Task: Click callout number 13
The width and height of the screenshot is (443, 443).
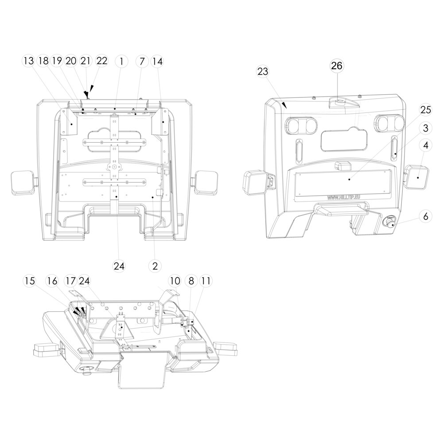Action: (28, 61)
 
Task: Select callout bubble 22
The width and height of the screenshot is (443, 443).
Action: (102, 61)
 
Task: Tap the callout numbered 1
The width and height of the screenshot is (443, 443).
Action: (121, 61)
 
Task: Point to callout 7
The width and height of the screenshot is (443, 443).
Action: (142, 61)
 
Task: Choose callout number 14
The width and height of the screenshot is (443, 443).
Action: (157, 61)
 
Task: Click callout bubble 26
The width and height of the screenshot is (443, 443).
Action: (337, 66)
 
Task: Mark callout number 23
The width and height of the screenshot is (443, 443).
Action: (263, 71)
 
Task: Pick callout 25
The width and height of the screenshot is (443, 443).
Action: (425, 110)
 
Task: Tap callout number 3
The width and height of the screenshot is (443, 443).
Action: (425, 128)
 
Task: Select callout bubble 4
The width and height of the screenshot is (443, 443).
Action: (425, 145)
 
